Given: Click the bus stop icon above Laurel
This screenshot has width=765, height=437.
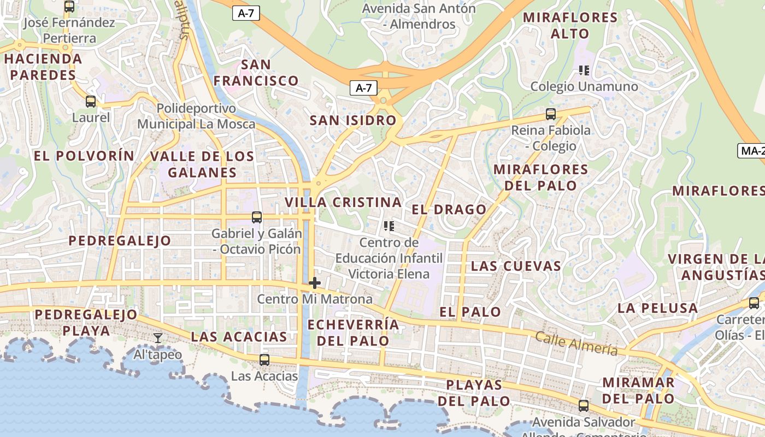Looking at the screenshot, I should (x=91, y=102).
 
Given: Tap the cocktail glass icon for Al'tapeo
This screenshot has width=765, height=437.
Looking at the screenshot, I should (x=158, y=338).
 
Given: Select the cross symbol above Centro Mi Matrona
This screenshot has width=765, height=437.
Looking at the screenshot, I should (x=314, y=283).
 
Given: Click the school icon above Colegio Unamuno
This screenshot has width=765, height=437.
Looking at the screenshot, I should (x=584, y=70).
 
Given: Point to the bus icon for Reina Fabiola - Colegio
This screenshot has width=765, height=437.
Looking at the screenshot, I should (x=551, y=114).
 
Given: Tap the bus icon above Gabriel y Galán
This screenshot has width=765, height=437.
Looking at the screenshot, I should (x=257, y=217).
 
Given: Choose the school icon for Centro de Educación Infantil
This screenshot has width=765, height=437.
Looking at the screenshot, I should (x=389, y=226).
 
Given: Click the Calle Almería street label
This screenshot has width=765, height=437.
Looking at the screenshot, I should (x=576, y=344).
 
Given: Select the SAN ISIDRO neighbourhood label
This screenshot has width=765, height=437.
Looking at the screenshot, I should (x=353, y=121).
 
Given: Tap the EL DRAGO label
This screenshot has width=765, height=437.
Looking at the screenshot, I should (x=449, y=209).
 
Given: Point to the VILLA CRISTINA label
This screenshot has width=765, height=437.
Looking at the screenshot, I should (x=343, y=202).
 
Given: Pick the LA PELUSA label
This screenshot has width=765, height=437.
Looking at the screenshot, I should (x=657, y=308).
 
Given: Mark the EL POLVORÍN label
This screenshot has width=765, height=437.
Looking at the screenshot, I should (x=84, y=156).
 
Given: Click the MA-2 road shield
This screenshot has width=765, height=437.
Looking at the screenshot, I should (x=752, y=151).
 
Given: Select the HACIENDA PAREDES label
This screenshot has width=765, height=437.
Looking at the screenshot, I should (x=43, y=67).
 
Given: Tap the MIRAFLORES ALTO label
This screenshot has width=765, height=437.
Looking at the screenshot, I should (x=570, y=25).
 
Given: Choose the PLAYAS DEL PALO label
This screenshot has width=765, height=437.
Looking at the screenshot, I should (x=474, y=393).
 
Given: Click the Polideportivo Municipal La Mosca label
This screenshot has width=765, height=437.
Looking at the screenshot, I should (x=196, y=116).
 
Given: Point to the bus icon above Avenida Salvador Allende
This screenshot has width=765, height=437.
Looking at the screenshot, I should (x=584, y=405).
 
